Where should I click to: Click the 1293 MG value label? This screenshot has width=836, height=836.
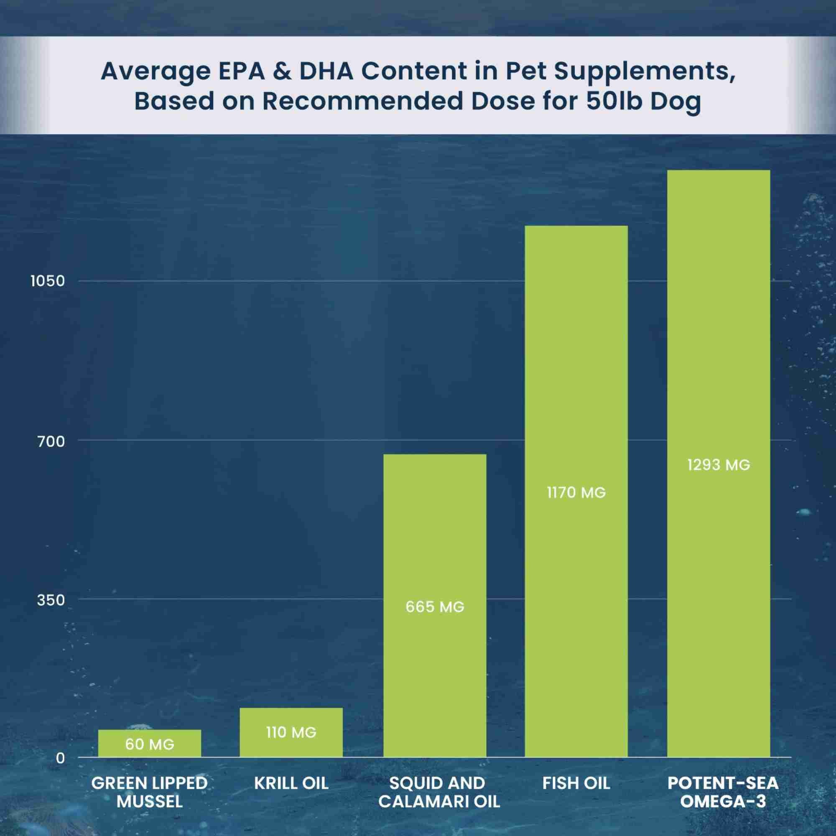[x=718, y=465]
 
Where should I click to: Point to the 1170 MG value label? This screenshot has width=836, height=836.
[x=576, y=493]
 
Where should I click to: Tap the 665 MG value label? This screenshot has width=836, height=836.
[x=435, y=607]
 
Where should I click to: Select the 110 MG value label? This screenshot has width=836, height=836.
[x=291, y=733]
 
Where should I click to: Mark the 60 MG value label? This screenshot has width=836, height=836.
[x=149, y=744]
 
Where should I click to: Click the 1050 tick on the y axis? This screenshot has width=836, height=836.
[x=48, y=281]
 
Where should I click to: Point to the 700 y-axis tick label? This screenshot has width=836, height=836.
[x=51, y=442]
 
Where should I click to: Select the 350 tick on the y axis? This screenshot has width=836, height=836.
[x=51, y=600]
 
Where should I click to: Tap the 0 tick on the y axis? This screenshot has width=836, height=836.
[x=60, y=758]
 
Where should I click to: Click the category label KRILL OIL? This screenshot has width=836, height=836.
[x=291, y=783]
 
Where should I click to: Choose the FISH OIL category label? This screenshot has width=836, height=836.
[x=576, y=783]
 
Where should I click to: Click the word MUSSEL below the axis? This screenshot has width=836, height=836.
[x=149, y=802]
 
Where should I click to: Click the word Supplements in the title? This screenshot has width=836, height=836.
[x=644, y=72]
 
